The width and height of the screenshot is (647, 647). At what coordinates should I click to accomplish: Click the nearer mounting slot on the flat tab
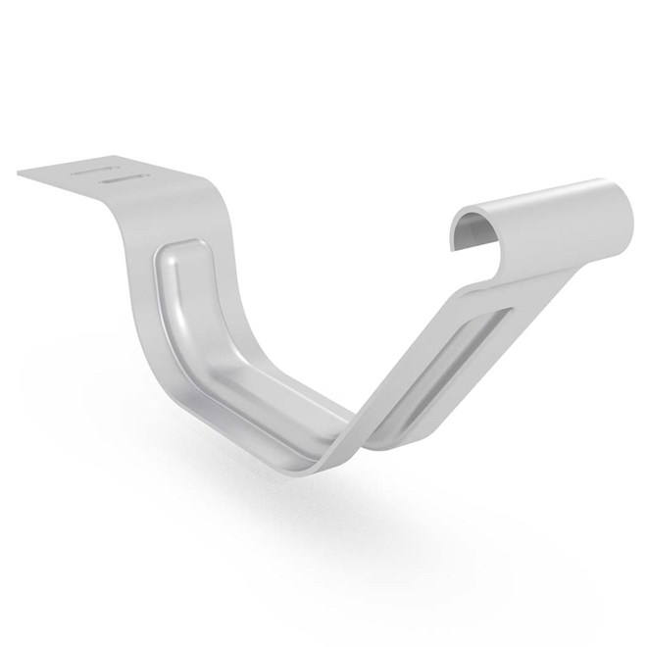(125, 180)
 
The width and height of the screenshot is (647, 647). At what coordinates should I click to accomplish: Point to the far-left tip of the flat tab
(19, 173)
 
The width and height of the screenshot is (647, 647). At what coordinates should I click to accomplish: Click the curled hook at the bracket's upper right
(549, 221)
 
